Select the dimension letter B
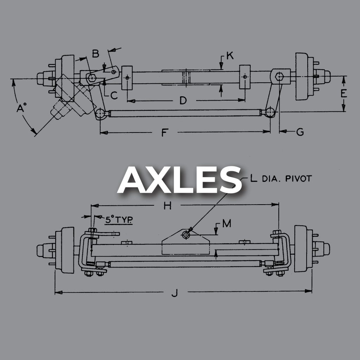click(x=96, y=53)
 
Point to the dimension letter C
click(x=113, y=95)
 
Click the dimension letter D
click(x=183, y=101)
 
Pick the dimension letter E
click(x=344, y=94)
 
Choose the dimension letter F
click(x=164, y=133)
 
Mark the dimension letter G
click(x=300, y=132)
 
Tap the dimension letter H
click(x=167, y=206)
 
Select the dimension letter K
click(x=230, y=56)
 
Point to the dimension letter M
click(x=227, y=223)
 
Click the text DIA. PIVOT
click(x=287, y=178)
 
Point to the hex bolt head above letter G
click(x=279, y=76)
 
